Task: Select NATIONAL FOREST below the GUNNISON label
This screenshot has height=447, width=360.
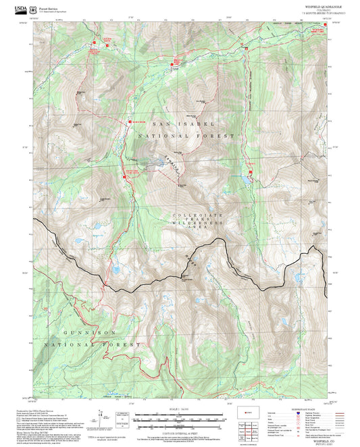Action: click(x=92, y=344)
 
